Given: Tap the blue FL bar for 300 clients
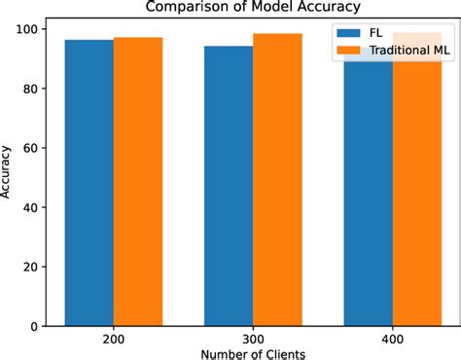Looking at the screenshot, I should tap(229, 186).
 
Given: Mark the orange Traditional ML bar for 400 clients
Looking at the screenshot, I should tap(416, 195).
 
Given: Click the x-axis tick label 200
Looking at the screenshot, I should tap(114, 341).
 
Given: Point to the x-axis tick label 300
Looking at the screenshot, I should tap(253, 341).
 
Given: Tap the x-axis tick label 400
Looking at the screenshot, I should tap(392, 341).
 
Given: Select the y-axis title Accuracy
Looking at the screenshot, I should tap(9, 172).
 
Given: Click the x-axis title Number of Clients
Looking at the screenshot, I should tap(253, 354).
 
